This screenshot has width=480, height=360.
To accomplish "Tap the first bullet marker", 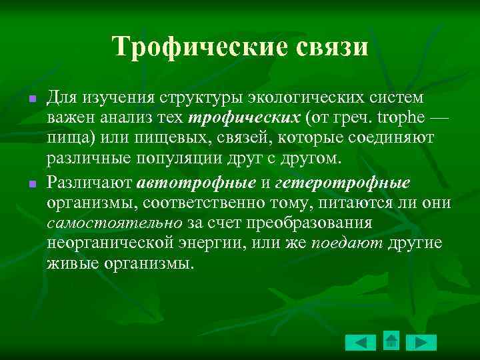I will click(31, 100).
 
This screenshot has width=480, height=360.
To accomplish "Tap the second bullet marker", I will click(31, 183).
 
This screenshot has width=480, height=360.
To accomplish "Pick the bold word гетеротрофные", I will click(343, 183).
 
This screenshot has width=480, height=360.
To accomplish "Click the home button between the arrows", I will click(392, 341).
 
